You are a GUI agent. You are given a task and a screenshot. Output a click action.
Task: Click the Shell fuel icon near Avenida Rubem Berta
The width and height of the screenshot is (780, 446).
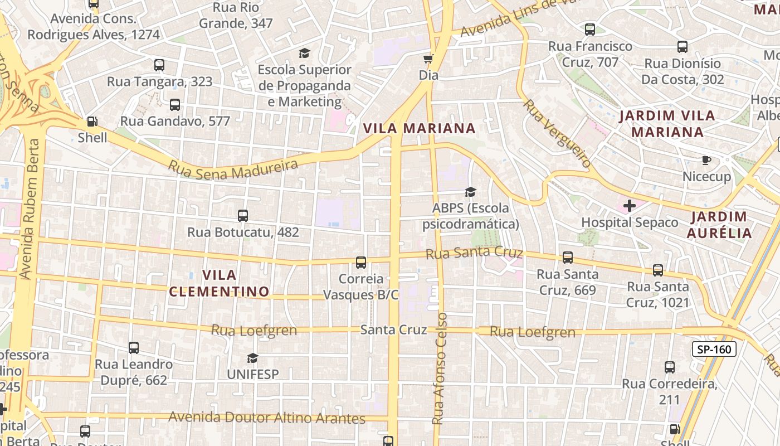tap(92, 121)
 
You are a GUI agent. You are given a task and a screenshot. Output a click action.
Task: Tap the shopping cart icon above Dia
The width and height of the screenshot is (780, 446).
tap(428, 59)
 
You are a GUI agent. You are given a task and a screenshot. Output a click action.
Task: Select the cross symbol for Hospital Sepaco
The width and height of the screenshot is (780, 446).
tap(630, 206)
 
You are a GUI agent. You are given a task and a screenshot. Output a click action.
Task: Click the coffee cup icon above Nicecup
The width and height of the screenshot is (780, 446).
tap(706, 161)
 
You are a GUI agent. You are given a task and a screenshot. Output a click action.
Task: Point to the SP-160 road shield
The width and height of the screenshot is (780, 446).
tap(714, 350)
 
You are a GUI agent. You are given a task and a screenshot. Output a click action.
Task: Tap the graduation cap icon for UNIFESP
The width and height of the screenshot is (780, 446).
tap(253, 357)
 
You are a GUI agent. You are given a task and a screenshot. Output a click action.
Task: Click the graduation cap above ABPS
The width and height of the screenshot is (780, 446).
tap(470, 192)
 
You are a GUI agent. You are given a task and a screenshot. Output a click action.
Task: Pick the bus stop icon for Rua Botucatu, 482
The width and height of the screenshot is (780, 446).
tap(243, 216)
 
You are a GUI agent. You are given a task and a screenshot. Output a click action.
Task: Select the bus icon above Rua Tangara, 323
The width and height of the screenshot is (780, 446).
tap(159, 65)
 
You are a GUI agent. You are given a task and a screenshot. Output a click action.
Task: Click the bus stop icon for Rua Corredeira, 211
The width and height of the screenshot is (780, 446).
tap(670, 367)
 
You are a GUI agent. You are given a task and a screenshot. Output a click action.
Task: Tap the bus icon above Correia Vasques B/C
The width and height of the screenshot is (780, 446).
tap(361, 262)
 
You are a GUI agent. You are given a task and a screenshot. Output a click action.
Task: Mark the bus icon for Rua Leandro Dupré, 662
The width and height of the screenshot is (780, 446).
tap(134, 348)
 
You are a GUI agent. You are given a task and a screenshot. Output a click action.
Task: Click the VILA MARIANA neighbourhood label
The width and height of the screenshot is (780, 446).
tap(419, 129)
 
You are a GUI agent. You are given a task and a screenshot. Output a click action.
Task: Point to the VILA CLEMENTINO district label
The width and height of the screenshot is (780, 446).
tap(219, 283)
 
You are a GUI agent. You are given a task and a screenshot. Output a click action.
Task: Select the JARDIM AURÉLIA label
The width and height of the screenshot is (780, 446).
tap(719, 225)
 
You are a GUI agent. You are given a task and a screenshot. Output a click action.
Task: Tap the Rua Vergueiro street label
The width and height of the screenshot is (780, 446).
tap(556, 134)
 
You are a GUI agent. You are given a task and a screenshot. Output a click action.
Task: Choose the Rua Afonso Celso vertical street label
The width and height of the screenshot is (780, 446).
tap(440, 368)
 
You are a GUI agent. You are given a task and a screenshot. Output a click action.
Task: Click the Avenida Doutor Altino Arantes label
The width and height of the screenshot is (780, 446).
tap(267, 418)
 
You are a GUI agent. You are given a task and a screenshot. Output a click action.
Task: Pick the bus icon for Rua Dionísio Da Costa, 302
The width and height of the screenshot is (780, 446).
tap(682, 47)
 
